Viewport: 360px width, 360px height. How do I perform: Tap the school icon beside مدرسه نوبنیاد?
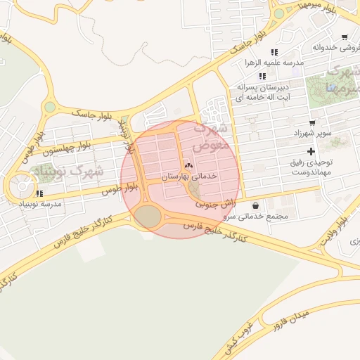tap(39, 193)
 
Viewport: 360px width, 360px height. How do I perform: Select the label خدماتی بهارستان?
tap(190, 176)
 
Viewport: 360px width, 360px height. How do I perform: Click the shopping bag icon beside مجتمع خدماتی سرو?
tap(254, 206)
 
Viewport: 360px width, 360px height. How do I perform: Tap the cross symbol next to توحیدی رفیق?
tap(311, 152)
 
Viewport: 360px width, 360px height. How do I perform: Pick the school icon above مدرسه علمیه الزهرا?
tap(274, 52)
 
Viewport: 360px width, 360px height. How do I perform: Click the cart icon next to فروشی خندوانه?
tap(344, 37)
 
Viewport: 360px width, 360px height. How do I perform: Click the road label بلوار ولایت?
tap(334, 228)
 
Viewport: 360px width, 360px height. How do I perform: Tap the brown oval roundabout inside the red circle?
tap(148, 217)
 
